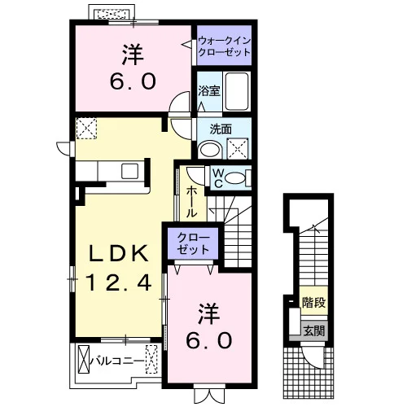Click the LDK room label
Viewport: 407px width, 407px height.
(x=119, y=253)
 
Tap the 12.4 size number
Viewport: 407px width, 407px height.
(x=119, y=282)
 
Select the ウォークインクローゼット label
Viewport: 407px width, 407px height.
(x=224, y=46)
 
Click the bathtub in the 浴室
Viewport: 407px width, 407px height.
(x=237, y=91)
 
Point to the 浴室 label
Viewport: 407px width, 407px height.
(x=208, y=90)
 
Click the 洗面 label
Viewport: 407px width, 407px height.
(x=221, y=129)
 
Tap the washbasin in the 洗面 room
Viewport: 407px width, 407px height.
(x=210, y=149)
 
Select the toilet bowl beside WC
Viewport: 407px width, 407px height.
(x=235, y=178)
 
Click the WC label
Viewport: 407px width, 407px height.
(x=217, y=177)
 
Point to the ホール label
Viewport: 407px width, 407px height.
(x=191, y=201)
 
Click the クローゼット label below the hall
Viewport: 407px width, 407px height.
(x=193, y=243)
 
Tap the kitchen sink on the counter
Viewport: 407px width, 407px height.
(x=130, y=171)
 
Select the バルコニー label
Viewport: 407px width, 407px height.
(x=117, y=361)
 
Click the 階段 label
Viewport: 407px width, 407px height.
(x=313, y=302)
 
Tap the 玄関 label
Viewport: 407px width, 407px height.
(x=313, y=330)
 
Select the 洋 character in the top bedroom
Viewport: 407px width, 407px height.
(x=133, y=55)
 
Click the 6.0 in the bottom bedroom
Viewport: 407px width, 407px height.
(x=209, y=340)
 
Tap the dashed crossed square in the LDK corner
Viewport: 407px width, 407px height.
(x=86, y=129)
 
